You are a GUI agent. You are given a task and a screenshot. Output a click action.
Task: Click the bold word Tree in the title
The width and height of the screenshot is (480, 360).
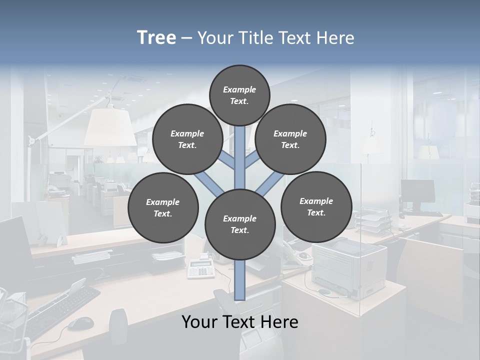point(156,38)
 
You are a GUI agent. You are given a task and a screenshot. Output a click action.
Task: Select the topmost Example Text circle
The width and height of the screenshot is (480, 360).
point(239,95)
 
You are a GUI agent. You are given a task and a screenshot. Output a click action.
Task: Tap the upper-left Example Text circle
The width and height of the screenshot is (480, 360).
point(187,139)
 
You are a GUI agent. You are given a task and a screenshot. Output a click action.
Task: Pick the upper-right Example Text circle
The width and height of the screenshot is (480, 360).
point(290,139)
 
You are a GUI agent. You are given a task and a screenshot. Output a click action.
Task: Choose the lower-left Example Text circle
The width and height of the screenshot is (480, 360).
point(163,208)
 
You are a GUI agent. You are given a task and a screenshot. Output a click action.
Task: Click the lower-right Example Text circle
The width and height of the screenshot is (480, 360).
point(316,206)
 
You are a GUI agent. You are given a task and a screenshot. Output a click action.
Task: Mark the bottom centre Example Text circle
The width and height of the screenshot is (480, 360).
point(240,224)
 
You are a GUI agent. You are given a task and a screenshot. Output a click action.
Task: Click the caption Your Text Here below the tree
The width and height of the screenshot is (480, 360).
point(240,322)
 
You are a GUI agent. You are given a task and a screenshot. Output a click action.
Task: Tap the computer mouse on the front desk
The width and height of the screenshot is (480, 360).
point(80,323)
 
